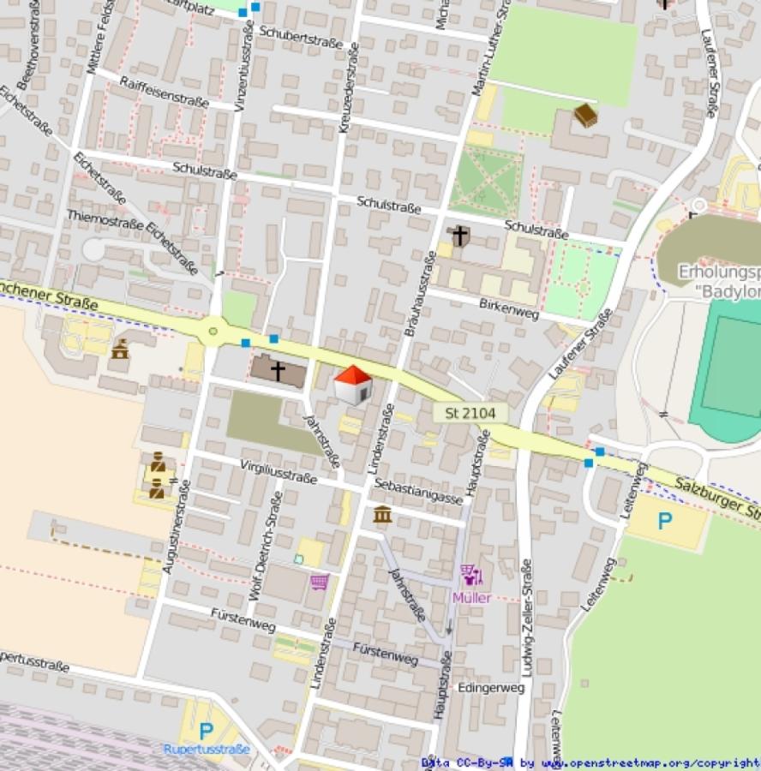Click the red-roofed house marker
(352, 385)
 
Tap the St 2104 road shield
(470, 413)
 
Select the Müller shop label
(471, 597)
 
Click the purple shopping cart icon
(320, 583)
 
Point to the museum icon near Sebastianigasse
(383, 514)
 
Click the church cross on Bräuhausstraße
(460, 235)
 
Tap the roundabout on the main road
(213, 330)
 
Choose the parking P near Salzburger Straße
(664, 520)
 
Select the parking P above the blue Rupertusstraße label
(206, 731)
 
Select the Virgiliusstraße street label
(279, 470)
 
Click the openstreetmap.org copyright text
(590, 762)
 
